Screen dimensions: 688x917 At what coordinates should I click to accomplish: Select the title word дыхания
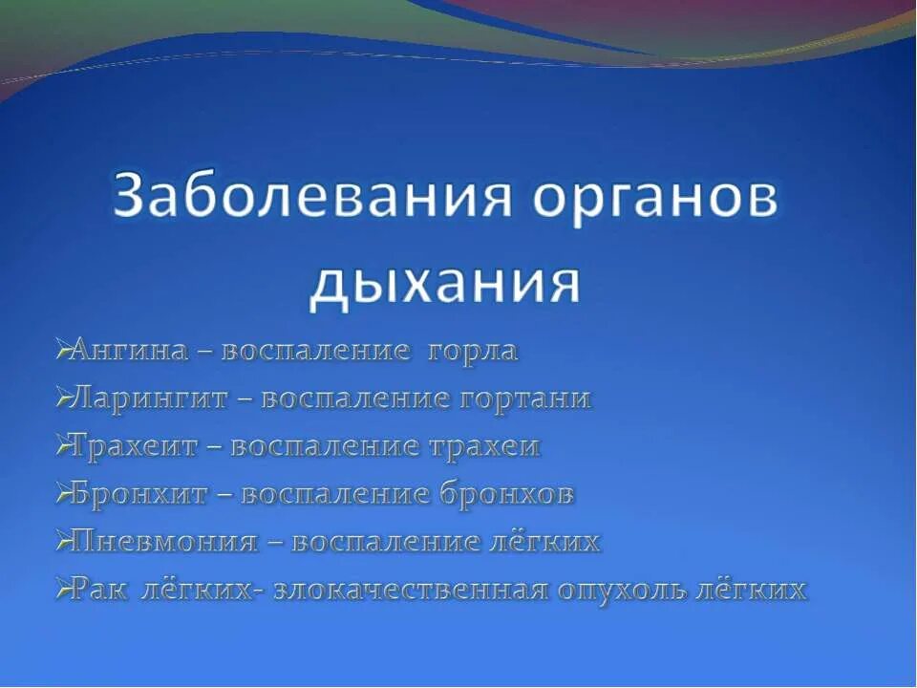pos(445,281)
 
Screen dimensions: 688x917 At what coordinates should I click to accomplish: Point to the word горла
pos(472,351)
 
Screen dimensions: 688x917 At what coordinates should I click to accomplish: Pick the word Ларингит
pos(149,398)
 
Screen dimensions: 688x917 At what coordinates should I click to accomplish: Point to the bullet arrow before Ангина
pos(62,351)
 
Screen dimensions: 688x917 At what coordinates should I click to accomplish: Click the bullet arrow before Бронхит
pos(62,494)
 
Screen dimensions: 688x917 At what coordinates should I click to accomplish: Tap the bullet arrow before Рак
pos(62,590)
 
